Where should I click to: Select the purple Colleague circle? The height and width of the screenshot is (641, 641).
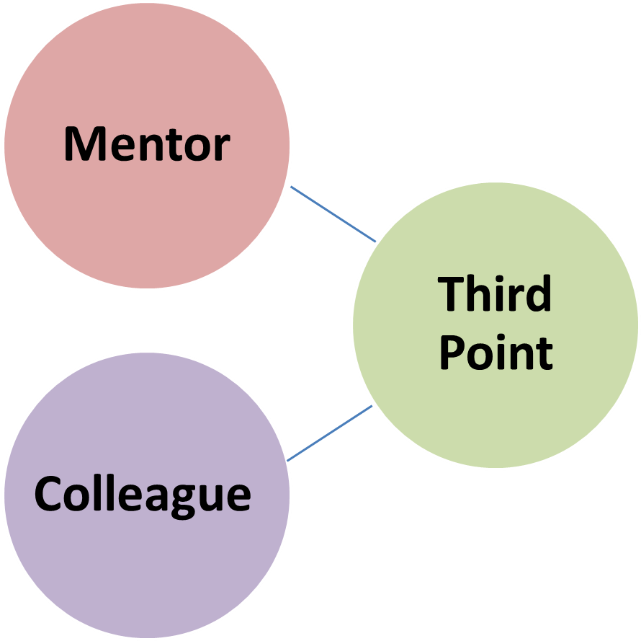(147, 570)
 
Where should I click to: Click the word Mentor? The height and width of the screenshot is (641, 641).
(147, 144)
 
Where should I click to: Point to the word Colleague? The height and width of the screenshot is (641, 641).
(143, 495)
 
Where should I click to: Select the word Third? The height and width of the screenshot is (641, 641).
(495, 293)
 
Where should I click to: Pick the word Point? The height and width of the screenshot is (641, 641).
(496, 353)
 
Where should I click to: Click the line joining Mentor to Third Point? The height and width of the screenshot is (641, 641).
(333, 214)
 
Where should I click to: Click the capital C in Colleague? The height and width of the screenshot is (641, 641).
(48, 495)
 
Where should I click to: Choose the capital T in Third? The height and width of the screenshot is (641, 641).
(452, 293)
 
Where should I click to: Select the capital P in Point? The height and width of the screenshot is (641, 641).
(452, 353)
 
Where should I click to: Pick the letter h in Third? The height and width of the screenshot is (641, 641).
(479, 293)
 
